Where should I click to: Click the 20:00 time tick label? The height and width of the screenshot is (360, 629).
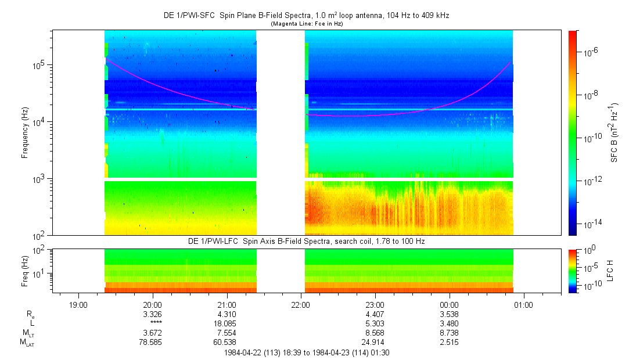(152, 304)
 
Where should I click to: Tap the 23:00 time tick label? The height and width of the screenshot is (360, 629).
(375, 304)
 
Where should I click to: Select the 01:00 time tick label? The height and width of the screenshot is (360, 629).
(524, 304)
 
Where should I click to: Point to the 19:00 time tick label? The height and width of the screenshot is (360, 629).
(78, 304)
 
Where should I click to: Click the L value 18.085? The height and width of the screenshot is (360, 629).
(227, 323)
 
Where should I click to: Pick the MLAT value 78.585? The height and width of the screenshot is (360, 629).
(152, 343)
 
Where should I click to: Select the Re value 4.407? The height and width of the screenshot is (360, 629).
(375, 314)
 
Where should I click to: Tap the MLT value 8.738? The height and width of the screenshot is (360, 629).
(450, 333)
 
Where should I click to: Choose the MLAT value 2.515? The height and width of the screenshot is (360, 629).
(450, 343)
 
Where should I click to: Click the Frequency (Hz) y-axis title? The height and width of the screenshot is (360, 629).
(25, 132)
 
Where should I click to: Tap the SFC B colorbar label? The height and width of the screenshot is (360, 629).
(614, 132)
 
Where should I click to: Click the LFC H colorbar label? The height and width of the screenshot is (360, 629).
(610, 271)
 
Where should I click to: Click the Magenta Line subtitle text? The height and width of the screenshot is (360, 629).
(306, 23)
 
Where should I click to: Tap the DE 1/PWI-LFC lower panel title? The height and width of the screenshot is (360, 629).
(306, 241)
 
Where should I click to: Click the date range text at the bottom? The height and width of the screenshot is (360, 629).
(310, 352)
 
